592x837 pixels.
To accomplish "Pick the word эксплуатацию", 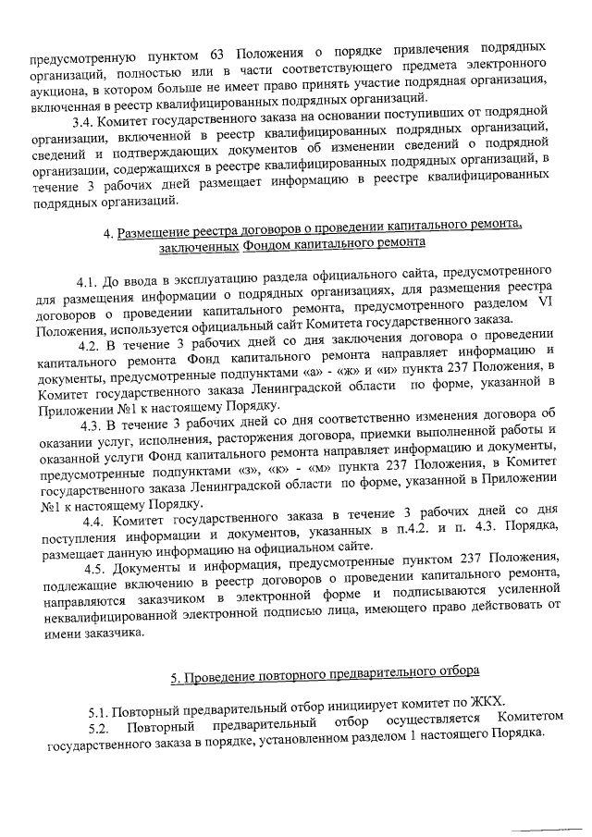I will [x=192, y=278].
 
